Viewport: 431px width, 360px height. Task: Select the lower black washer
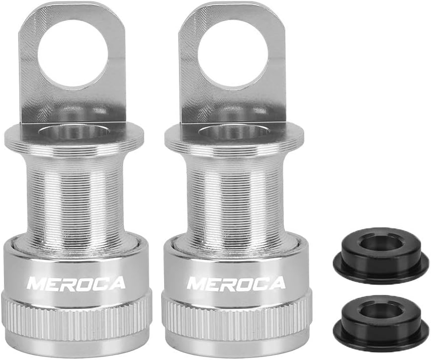click(381, 320)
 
